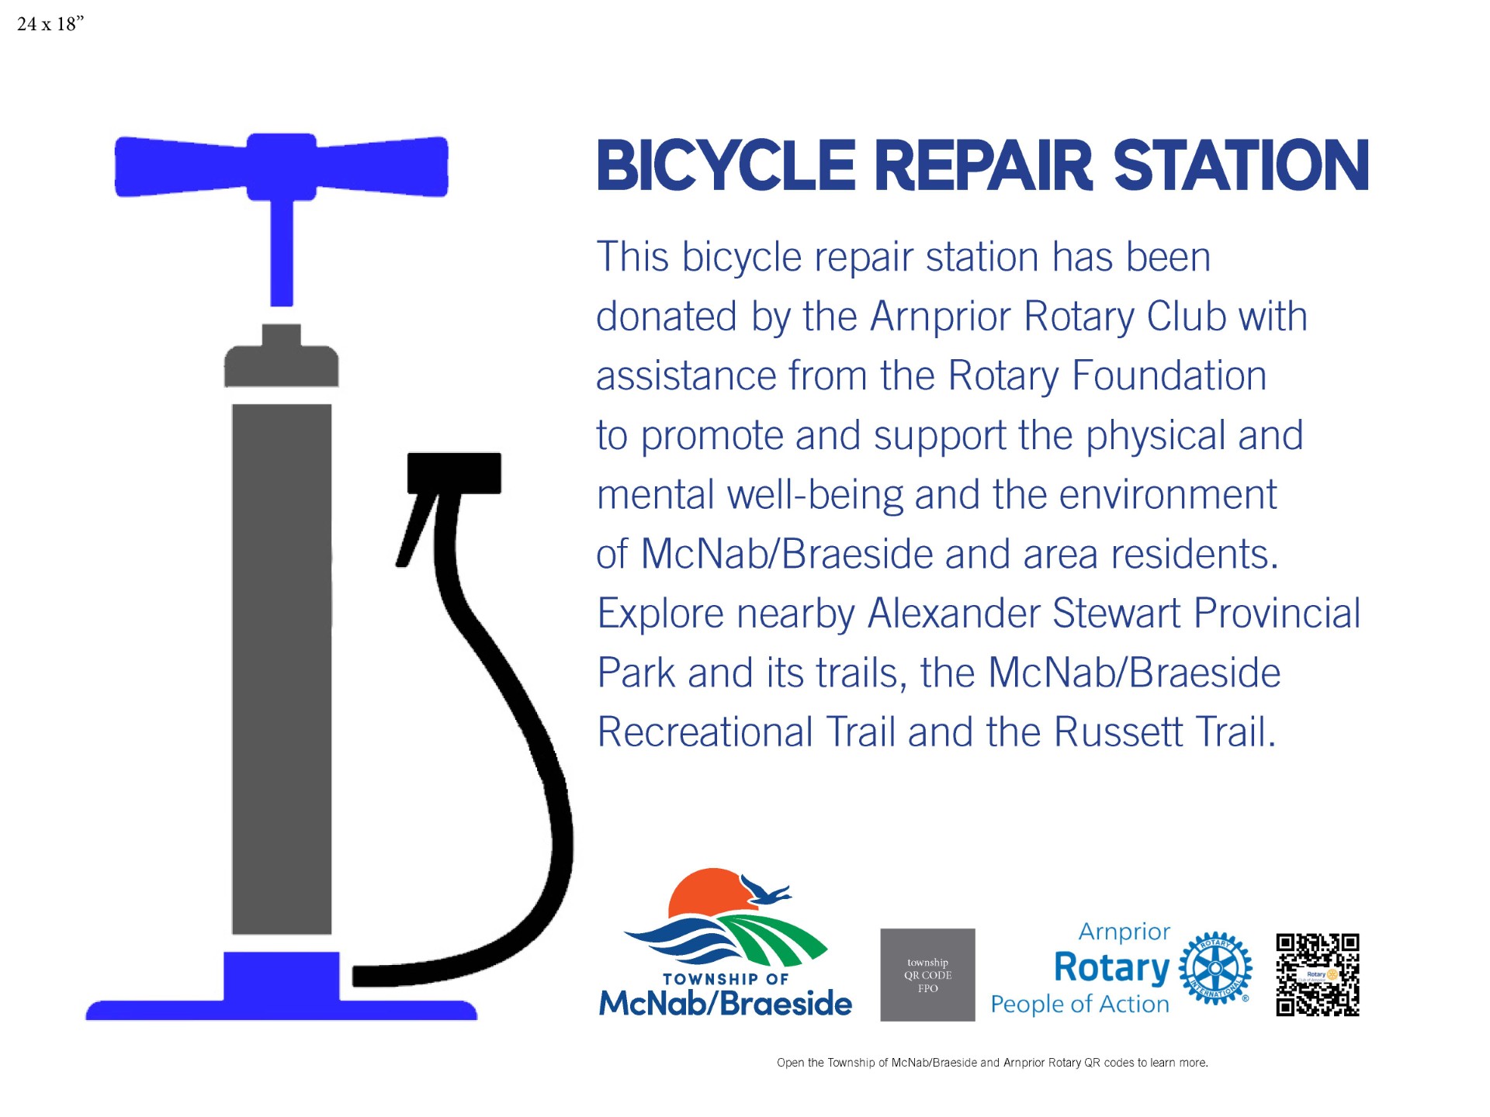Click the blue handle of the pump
coord(281,167)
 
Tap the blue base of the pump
coord(281,989)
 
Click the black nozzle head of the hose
coord(454,472)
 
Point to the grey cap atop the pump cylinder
coord(281,357)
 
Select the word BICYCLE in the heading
coord(726,165)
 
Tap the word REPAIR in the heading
coord(984,165)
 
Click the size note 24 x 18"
coord(50,24)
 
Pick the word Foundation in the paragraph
coord(1169,376)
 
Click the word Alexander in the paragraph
coord(954,614)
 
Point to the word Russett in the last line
coord(1119,732)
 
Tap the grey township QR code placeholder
coord(927,975)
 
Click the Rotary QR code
coord(1318,975)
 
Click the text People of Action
coord(1080,1005)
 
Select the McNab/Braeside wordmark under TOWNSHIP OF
coord(726,1003)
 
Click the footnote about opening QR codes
coord(993,1063)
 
